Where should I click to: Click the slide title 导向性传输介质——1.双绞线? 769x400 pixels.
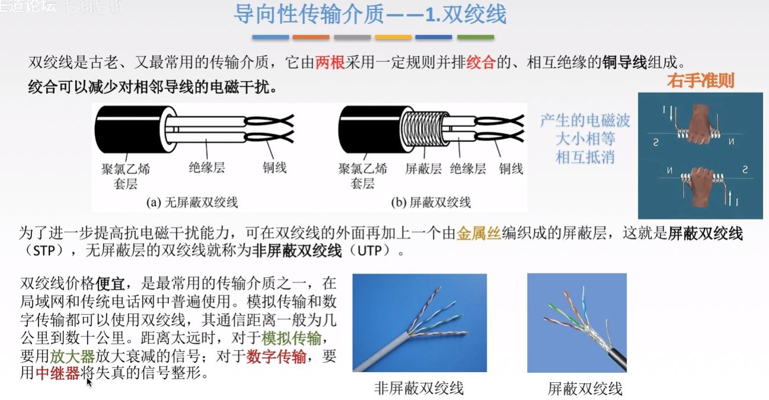370,14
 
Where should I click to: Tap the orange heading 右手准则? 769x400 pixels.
701,81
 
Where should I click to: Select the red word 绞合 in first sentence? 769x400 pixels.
481,63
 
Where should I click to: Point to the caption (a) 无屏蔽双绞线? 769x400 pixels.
192,202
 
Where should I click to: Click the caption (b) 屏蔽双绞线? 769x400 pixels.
431,202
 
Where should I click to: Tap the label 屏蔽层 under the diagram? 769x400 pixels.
423,169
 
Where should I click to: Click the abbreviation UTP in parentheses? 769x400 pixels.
371,251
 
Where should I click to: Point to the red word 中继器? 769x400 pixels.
58,374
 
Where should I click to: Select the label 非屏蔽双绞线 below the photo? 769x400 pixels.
419,389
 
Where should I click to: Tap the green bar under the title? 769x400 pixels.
475,37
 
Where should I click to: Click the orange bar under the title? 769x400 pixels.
311,37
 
